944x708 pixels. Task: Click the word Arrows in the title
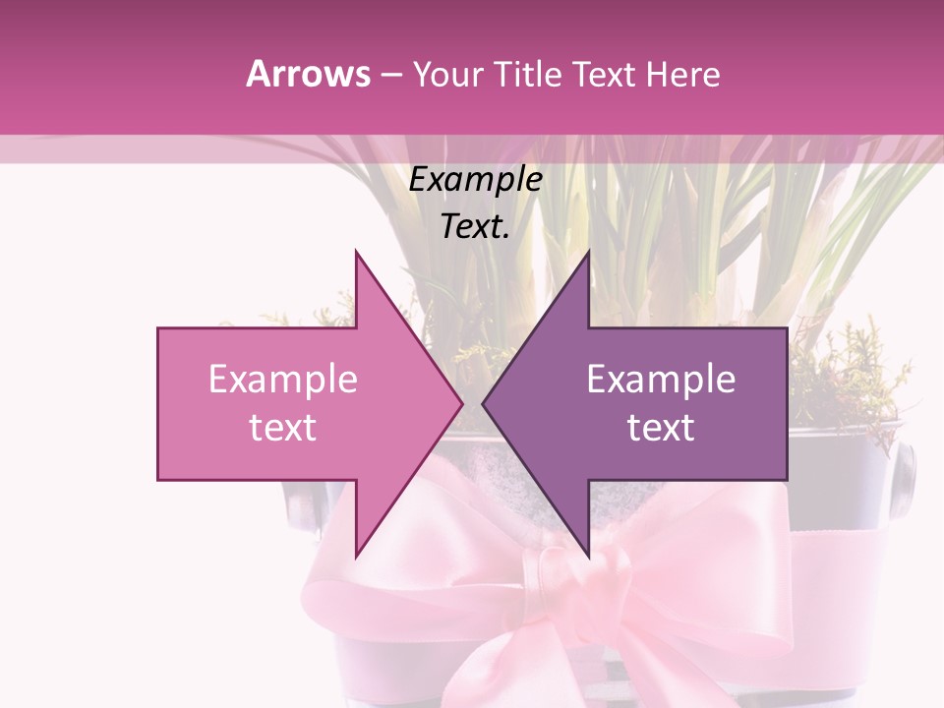[309, 74]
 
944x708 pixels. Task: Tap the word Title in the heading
[530, 75]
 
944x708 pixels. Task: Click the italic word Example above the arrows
[476, 181]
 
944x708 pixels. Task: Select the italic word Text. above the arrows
[476, 227]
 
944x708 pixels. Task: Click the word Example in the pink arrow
[283, 380]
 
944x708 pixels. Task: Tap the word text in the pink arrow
[283, 428]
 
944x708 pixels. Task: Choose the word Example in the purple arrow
[661, 380]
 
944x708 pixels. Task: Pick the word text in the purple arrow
[661, 428]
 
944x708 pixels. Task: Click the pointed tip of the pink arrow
[462, 403]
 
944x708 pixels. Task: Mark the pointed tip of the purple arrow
[483, 403]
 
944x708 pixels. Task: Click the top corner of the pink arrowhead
[356, 252]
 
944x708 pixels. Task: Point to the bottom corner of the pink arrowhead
[356, 557]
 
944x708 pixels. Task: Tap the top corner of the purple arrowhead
[588, 252]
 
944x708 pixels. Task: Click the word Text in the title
[604, 75]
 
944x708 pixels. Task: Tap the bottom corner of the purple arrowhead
[588, 557]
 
